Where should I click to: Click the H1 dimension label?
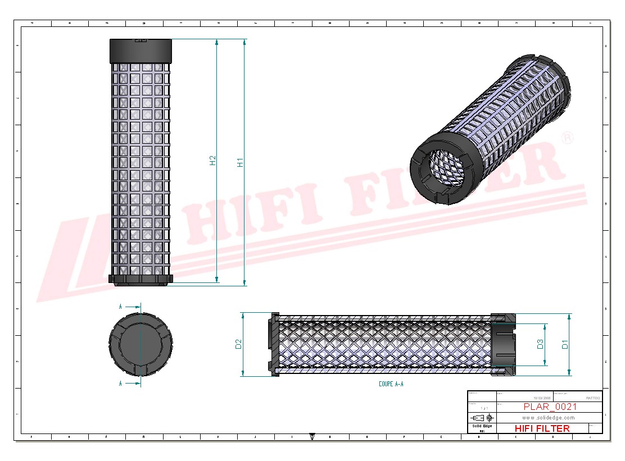click(240, 163)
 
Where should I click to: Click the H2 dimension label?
click(212, 161)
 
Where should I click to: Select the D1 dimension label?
click(565, 344)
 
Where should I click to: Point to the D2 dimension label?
click(238, 344)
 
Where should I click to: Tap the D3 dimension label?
click(540, 344)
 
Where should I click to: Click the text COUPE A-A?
click(391, 384)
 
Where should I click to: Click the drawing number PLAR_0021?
click(550, 407)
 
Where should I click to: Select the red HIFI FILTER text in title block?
click(542, 428)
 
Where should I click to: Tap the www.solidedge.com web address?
click(549, 418)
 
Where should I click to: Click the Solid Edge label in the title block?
click(482, 427)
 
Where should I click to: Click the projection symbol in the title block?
click(482, 418)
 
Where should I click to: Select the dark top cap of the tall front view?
click(141, 51)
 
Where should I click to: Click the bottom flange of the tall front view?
click(141, 279)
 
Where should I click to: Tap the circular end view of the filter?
click(141, 344)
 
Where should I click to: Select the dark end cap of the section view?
click(504, 344)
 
